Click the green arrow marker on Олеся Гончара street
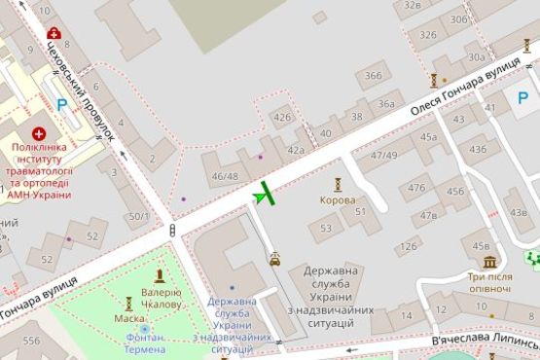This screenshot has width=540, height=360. pos(262,196)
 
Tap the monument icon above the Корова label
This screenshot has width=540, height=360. pos(338,184)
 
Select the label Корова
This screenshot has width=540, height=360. pos(338,200)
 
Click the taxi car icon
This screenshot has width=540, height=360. pos(275,259)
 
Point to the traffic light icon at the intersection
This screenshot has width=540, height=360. pos(172,231)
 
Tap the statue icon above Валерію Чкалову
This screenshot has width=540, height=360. pos(160,276)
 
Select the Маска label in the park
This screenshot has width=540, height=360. pos(129,318)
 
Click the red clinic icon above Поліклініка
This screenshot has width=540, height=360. pos(39,131)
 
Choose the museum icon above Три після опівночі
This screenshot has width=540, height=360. pos(489,262)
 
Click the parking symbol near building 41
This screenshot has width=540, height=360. pos(523,98)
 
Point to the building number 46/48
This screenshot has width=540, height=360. pos(225,176)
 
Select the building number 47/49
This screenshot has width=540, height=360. pos(383,155)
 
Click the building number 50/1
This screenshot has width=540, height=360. pos(139,216)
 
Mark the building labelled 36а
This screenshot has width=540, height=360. pos(386,104)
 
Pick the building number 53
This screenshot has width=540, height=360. pos(325,229)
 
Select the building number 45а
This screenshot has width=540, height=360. pos(429,137)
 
